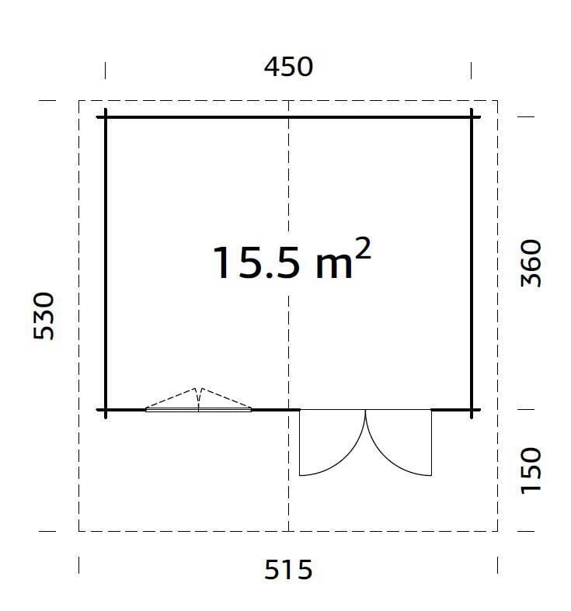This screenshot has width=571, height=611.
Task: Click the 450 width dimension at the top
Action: pyautogui.click(x=288, y=67)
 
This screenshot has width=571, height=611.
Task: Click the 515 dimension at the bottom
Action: pyautogui.click(x=288, y=570)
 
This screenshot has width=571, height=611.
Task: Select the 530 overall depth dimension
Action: pyautogui.click(x=44, y=316)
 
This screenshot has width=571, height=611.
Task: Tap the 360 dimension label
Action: pyautogui.click(x=531, y=263)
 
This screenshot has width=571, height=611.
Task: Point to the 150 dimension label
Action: pyautogui.click(x=531, y=470)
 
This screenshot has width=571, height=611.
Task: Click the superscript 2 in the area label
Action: pyautogui.click(x=362, y=249)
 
